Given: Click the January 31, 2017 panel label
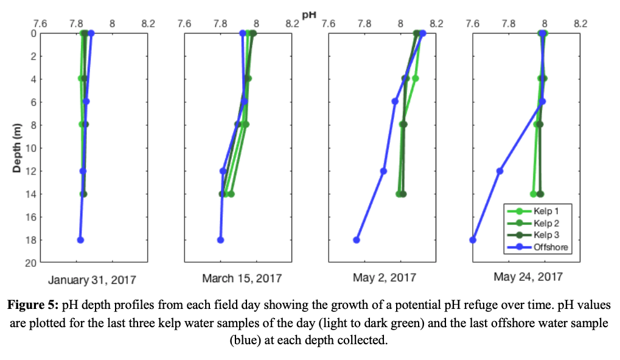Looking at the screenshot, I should [x=92, y=280].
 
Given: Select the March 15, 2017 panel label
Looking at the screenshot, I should [x=242, y=279].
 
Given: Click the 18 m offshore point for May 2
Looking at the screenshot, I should [x=357, y=240].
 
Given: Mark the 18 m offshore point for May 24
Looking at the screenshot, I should [x=473, y=240].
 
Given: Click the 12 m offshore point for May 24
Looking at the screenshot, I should [x=500, y=171].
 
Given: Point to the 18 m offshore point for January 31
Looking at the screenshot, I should [x=80, y=240].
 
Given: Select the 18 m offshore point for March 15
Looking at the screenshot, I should [x=220, y=240].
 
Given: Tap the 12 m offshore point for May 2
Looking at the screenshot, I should [x=383, y=171].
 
